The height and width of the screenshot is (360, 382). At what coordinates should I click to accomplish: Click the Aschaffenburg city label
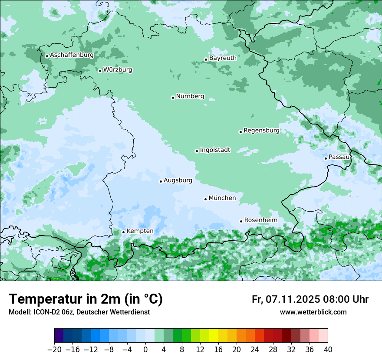[x=72, y=55]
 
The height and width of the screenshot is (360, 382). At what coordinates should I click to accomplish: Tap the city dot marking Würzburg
[x=100, y=71]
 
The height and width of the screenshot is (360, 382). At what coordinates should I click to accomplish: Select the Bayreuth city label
[x=223, y=58]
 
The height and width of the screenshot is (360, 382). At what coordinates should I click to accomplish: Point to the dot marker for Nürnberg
[x=173, y=98]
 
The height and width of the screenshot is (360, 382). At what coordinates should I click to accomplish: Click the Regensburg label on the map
[x=261, y=130]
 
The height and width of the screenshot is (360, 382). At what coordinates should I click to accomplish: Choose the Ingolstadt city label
[x=215, y=150]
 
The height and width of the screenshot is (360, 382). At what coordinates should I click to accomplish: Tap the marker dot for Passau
[x=326, y=158]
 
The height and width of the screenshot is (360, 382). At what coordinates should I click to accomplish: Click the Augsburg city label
[x=178, y=180]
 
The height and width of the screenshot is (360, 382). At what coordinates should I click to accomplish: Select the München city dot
[x=205, y=199]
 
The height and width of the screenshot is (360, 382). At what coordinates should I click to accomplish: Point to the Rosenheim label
[x=260, y=220]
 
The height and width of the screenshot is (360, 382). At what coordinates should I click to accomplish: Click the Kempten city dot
[x=123, y=232]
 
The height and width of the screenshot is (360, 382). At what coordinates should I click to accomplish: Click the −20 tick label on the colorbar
[x=54, y=350]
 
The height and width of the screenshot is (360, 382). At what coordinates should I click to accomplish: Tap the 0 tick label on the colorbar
[x=145, y=350]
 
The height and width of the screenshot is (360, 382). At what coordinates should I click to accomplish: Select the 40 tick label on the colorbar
[x=328, y=350]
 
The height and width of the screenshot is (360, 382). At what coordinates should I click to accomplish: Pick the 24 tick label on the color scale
[x=255, y=350]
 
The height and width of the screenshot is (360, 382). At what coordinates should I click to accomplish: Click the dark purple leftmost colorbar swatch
[x=59, y=336]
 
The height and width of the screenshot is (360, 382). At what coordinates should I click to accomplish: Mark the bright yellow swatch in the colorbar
[x=214, y=336]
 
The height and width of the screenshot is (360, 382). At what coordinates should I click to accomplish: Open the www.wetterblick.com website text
[x=313, y=312]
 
